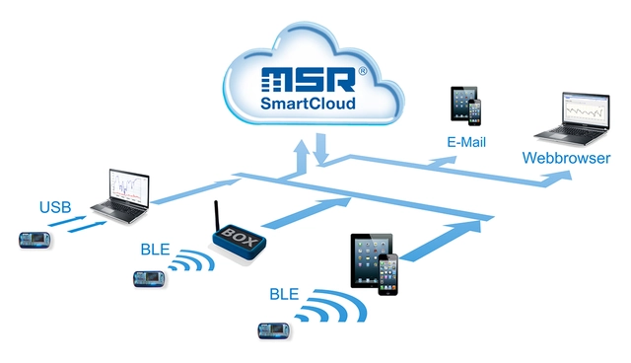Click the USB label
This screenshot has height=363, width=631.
coord(55,207)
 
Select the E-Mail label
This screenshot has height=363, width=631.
coord(467,143)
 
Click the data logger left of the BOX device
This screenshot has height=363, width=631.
coord(151,279)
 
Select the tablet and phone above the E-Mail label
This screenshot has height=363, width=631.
coord(466,106)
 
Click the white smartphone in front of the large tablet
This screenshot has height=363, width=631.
coord(390,273)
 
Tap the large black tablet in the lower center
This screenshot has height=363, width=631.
coord(371,259)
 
